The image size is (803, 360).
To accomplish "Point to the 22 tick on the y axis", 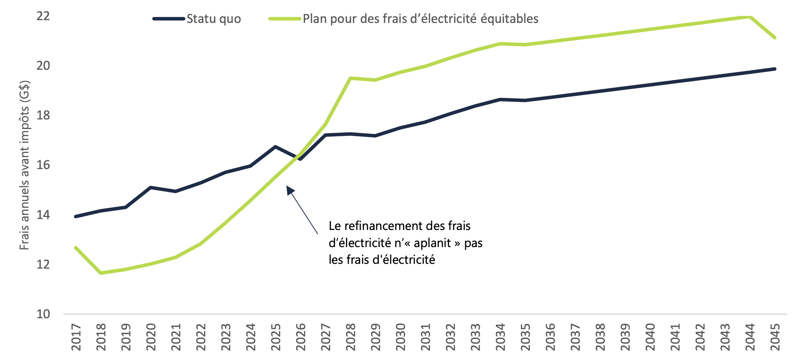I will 43,16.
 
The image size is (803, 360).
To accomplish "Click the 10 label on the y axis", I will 43,314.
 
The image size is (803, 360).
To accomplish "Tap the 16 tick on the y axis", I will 43,165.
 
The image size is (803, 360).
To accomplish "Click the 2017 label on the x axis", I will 76,337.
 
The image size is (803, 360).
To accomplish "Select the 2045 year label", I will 775,337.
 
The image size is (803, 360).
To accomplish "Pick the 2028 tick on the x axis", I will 351,337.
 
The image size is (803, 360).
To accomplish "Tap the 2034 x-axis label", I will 500,337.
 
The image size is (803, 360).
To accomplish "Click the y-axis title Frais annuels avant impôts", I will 25,165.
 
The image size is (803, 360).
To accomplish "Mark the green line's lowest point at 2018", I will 101,273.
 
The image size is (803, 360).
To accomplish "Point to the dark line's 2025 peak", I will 275,147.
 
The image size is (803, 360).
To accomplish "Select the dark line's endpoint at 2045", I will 775,69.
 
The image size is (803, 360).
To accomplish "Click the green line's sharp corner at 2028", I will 350,78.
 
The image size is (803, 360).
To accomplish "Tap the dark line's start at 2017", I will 76,216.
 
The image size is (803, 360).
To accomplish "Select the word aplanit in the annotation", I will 432,243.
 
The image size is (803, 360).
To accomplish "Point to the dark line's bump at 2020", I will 150,188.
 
